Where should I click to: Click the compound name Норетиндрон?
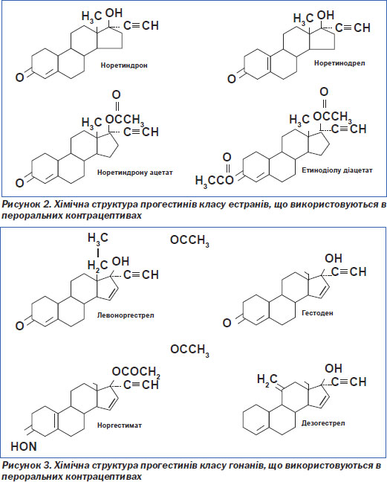point(124,65)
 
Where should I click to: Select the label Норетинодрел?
point(339,63)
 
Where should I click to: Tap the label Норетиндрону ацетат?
point(134,173)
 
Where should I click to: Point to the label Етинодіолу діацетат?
point(337,170)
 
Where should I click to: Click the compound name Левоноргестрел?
point(126,315)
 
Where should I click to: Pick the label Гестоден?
point(317,313)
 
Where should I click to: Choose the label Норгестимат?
point(120,425)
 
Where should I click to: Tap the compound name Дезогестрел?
point(323,423)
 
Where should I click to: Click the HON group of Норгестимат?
point(24,446)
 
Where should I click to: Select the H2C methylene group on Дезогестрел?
point(267,379)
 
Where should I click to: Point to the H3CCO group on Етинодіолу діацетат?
point(215,181)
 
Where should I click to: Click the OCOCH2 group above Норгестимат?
point(136,372)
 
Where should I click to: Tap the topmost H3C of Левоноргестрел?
point(98,239)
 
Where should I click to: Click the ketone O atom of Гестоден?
point(227,323)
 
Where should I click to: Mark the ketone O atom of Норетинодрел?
point(232,79)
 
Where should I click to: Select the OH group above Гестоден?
point(334,258)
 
